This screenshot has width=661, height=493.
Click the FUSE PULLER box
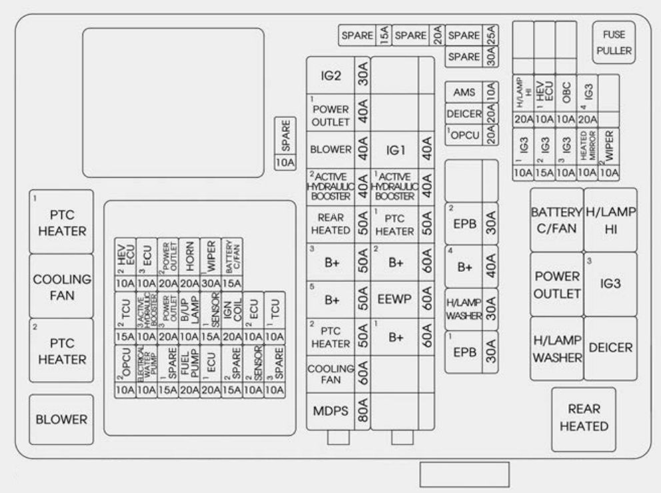pyautogui.click(x=613, y=43)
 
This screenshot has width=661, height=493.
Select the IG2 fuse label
pyautogui.click(x=330, y=77)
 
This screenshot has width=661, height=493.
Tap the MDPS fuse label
pyautogui.click(x=330, y=411)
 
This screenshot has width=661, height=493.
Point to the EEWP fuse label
pyautogui.click(x=396, y=300)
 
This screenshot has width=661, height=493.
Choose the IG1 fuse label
pyautogui.click(x=396, y=151)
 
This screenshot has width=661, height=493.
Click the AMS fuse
pyautogui.click(x=464, y=92)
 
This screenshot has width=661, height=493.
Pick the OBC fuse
pyautogui.click(x=566, y=99)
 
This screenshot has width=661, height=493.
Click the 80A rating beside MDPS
pyautogui.click(x=362, y=411)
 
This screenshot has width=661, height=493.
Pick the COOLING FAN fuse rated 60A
pyautogui.click(x=330, y=374)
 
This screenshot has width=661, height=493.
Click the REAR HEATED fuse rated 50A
pyautogui.click(x=330, y=225)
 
